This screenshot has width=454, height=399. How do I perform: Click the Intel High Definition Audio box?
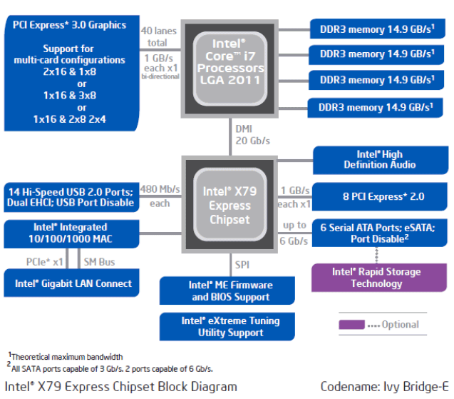tap(379, 159)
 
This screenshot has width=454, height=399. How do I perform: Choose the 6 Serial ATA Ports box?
tap(378, 233)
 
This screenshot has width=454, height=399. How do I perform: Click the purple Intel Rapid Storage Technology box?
tap(376, 278)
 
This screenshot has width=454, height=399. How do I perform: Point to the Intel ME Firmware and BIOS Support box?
tap(229, 291)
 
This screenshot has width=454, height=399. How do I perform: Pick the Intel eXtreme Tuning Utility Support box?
tap(229, 326)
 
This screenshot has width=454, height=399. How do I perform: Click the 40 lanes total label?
tap(158, 36)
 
